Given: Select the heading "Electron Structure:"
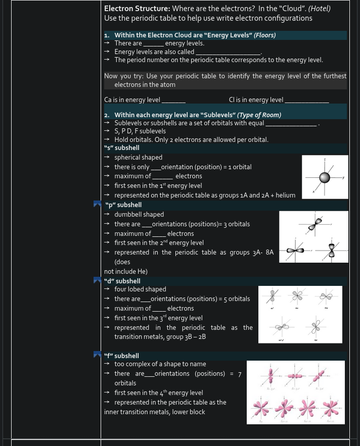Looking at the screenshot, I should [x=137, y=9].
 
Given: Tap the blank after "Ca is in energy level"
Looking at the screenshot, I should [x=173, y=100].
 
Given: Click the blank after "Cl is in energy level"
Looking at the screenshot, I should [x=306, y=100].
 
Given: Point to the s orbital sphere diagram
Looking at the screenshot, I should [x=325, y=177].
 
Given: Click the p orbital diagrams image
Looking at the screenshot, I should [x=313, y=237].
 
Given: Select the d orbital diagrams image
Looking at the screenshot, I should [x=300, y=314].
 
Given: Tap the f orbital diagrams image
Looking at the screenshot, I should [x=295, y=392].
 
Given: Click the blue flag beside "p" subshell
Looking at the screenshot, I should [x=98, y=205].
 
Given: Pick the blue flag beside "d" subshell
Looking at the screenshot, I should [x=98, y=281].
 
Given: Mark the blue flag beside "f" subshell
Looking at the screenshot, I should [x=98, y=355].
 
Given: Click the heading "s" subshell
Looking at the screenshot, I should [x=121, y=148].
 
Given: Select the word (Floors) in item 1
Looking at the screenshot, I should [x=264, y=35].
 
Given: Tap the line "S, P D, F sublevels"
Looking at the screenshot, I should [x=140, y=131].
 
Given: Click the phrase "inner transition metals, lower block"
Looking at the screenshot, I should [x=155, y=412].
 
